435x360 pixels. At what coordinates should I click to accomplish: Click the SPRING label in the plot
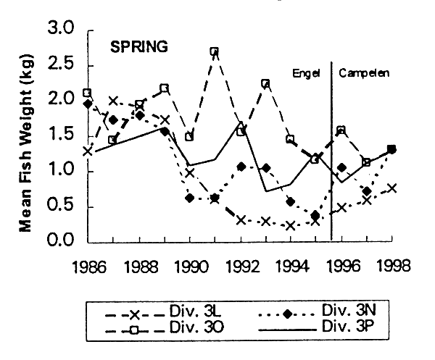click(x=139, y=47)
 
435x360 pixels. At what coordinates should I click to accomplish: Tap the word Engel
click(x=306, y=73)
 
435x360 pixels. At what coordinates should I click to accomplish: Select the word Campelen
click(x=363, y=73)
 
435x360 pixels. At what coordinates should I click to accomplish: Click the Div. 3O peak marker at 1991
click(x=215, y=51)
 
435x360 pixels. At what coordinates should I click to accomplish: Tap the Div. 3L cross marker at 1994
click(x=291, y=225)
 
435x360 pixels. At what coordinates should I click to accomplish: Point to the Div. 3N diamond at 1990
click(x=189, y=198)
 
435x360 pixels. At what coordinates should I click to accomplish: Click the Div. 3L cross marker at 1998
click(x=392, y=188)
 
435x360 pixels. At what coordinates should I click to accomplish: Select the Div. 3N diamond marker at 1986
click(x=88, y=104)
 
